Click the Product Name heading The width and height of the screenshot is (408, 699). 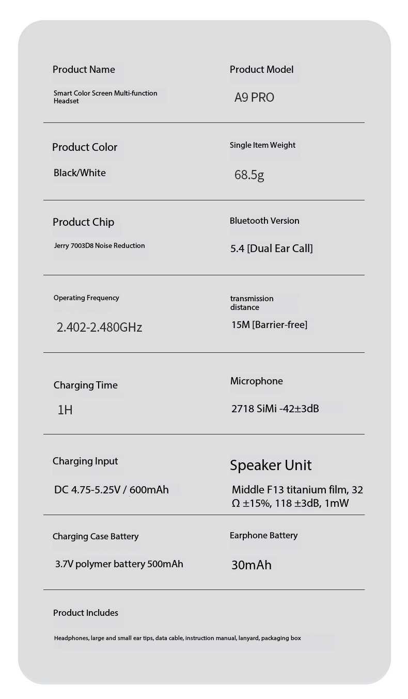coord(84,70)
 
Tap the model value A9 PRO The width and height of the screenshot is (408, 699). coord(254,98)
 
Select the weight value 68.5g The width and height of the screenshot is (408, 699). coord(249,175)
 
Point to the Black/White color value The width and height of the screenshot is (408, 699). coord(80,173)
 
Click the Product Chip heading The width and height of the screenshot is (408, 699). coord(83,222)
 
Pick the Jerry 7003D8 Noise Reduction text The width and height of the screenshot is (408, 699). coord(99,246)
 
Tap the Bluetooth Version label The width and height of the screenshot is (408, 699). coord(264,221)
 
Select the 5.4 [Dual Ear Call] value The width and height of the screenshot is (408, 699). coord(271,248)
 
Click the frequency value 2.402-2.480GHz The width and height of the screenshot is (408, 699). coord(99,328)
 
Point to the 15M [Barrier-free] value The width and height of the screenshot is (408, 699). coord(269,325)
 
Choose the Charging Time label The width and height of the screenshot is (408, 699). coord(85,385)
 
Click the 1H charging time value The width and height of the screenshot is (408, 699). coord(65,410)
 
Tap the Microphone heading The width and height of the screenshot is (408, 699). coord(256,381)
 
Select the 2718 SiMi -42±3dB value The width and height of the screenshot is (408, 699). coord(275,409)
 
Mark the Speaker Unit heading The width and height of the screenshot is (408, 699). coord(271,465)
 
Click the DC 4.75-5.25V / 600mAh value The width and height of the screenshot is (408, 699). coord(111,490)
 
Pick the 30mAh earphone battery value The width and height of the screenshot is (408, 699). coord(251,565)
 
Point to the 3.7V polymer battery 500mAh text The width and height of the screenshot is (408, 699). coord(119,564)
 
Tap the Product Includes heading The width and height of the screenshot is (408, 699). coord(85,613)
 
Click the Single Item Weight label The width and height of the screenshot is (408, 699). coord(262,145)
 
